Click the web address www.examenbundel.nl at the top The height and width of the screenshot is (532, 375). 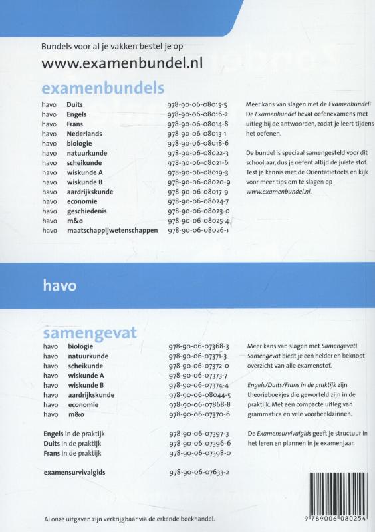point(122,63)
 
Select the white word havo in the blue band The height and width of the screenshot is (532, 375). point(59,286)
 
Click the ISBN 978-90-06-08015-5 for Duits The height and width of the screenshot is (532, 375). point(198,104)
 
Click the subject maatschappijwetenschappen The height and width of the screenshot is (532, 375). point(112,230)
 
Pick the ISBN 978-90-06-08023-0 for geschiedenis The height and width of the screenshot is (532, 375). point(198,211)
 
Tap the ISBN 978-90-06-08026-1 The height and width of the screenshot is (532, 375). point(198,230)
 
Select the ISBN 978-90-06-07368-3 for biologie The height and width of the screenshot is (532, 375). point(199,346)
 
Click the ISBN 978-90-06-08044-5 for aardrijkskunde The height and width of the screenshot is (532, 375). point(199,394)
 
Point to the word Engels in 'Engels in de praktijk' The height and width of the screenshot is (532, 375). point(53,434)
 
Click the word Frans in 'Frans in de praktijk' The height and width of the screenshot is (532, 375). point(51,453)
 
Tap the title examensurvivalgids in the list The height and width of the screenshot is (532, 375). point(74,472)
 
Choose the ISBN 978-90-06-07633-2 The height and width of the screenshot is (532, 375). point(199,472)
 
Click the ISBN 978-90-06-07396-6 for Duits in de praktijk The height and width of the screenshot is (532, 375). point(199,443)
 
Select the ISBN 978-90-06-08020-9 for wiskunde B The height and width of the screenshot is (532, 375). point(199,182)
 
